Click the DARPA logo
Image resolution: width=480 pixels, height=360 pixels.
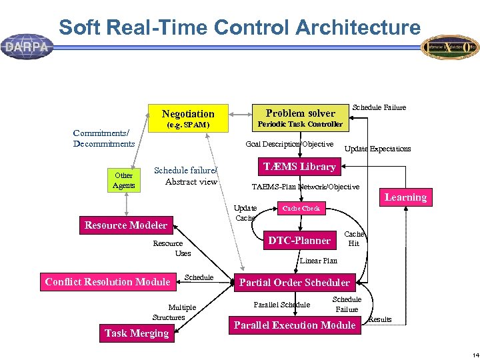click(27, 47)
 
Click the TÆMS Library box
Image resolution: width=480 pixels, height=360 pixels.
click(299, 166)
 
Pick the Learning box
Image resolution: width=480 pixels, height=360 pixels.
click(405, 197)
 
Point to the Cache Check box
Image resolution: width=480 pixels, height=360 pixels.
click(301, 209)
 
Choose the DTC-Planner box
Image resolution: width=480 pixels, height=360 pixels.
click(299, 241)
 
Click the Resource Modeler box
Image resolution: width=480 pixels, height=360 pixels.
click(126, 225)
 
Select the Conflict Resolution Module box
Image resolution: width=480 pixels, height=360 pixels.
click(107, 282)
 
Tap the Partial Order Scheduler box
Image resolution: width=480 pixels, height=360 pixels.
click(294, 283)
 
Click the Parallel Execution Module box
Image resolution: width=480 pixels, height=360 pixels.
click(295, 325)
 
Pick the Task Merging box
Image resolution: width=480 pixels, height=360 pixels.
click(137, 333)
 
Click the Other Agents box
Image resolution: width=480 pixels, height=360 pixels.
click(124, 181)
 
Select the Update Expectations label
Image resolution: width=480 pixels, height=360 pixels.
click(377, 149)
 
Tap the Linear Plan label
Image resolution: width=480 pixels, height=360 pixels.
click(319, 261)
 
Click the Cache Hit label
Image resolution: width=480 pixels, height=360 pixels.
click(353, 239)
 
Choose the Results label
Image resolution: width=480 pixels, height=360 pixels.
click(380, 319)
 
